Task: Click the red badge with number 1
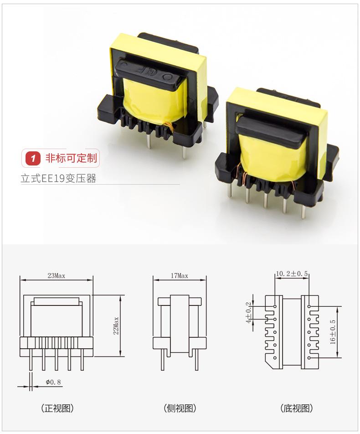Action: (x=33, y=158)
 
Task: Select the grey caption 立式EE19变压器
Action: (x=58, y=178)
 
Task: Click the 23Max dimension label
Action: (x=56, y=276)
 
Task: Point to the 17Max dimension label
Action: (x=179, y=276)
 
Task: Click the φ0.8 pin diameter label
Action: (x=53, y=382)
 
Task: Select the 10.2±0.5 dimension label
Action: (x=292, y=274)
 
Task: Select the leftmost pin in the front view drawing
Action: (x=30, y=362)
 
